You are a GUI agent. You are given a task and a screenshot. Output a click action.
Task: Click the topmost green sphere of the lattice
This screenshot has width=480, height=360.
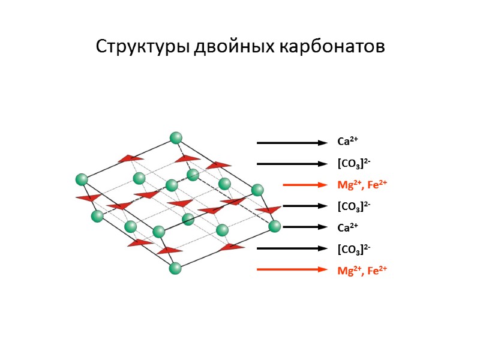(x=176, y=138)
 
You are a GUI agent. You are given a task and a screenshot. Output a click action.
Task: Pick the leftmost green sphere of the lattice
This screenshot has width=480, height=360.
(x=82, y=179)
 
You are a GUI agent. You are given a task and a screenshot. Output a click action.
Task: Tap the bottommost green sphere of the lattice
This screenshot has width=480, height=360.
(x=175, y=268)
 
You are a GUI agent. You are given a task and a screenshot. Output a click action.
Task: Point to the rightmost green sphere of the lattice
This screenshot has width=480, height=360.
(x=275, y=226)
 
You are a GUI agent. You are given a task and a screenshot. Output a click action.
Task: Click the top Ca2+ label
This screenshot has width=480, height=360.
(x=347, y=142)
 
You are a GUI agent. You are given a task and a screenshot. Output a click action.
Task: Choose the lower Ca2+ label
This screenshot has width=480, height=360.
(x=347, y=227)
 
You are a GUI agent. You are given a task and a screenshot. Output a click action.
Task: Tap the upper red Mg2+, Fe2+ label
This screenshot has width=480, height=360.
(x=362, y=185)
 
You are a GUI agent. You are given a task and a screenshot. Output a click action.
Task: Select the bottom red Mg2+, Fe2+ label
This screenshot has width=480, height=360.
(x=362, y=270)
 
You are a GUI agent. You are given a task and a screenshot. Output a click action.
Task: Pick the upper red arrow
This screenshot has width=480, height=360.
(x=305, y=185)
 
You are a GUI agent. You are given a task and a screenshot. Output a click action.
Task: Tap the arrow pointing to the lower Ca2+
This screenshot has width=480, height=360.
(x=305, y=227)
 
